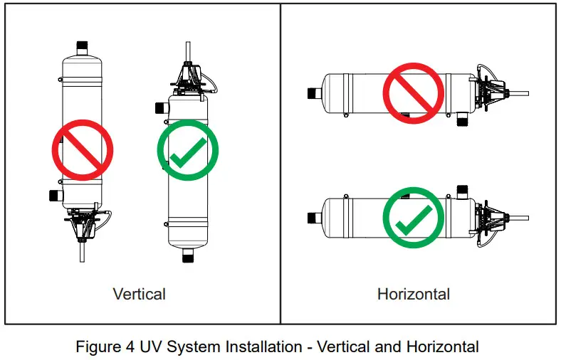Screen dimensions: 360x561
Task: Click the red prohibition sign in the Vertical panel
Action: pos(83,150)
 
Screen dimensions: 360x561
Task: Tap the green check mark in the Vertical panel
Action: pos(187,150)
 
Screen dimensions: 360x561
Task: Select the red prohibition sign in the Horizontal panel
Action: pos(413,92)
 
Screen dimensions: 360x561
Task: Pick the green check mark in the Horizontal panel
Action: pos(413,217)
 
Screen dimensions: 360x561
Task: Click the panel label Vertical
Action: pos(140,294)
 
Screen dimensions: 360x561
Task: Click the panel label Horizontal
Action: pos(413,294)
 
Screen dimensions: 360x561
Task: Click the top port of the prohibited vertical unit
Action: pos(81,46)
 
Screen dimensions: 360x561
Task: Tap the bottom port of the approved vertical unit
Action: pos(189,255)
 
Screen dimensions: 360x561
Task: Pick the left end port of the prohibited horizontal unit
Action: pos(311,92)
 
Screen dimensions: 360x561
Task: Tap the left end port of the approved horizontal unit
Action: pos(311,217)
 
